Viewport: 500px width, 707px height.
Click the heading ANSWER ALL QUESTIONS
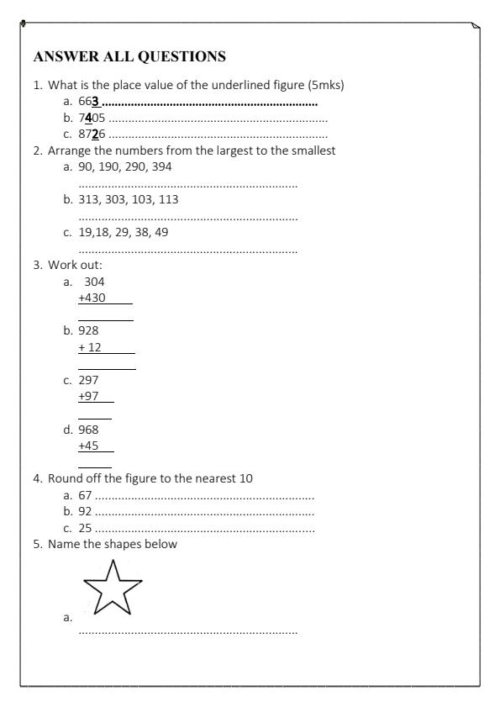(x=129, y=57)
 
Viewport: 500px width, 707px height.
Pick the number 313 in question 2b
(x=88, y=199)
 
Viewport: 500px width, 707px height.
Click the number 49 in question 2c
(x=161, y=232)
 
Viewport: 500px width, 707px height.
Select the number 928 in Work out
(x=88, y=330)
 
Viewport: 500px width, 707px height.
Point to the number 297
(x=88, y=380)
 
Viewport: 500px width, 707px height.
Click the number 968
(x=88, y=429)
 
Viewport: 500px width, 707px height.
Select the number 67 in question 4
(x=84, y=495)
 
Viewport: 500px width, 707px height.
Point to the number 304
(x=94, y=282)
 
